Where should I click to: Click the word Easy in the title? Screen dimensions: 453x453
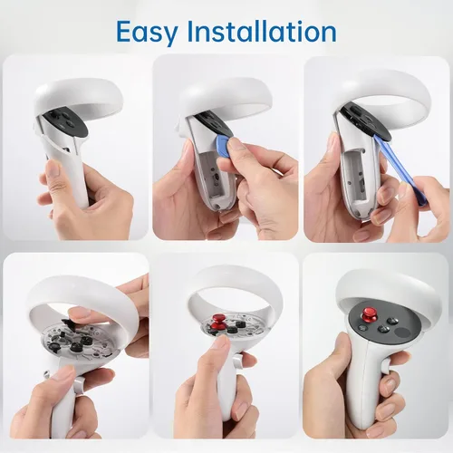click(x=147, y=33)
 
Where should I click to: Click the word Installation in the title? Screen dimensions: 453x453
click(x=262, y=31)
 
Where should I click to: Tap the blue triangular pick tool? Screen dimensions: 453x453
click(x=224, y=142)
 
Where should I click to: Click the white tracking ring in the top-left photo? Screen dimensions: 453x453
click(x=79, y=96)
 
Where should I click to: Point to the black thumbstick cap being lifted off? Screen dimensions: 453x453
click(x=70, y=323)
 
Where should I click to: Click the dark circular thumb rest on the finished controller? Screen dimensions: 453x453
click(x=402, y=333)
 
